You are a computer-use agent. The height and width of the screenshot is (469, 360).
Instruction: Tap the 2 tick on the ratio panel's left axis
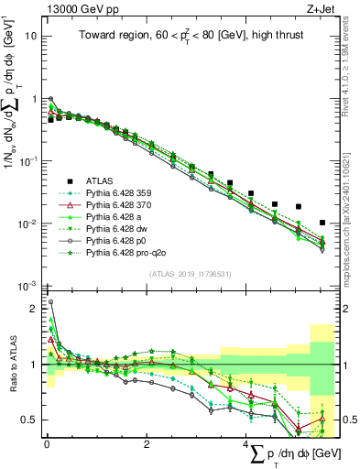33,309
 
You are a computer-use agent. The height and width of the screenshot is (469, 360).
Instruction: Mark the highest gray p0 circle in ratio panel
50,301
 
